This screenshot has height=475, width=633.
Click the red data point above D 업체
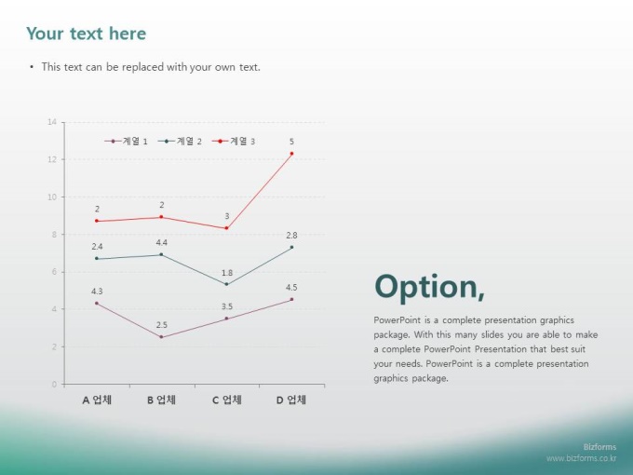pos(291,154)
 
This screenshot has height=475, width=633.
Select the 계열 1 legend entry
pos(126,141)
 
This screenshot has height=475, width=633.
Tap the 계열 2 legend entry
pos(180,141)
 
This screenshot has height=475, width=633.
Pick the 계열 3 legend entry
pos(234,141)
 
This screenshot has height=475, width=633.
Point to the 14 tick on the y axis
pos(52,122)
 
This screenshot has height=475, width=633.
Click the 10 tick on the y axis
pos(52,197)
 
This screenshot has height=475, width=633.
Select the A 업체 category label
pos(97,400)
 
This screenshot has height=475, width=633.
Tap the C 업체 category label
pos(227,400)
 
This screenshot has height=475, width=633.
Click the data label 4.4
pos(161,242)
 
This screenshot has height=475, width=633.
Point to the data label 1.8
pos(227,273)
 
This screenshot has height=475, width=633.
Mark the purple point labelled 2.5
pos(161,337)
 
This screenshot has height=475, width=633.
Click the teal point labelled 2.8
pos(291,247)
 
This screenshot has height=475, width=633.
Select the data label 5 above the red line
pos(291,142)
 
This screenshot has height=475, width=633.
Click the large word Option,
pos(429,287)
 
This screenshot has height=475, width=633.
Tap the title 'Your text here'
pos(86,34)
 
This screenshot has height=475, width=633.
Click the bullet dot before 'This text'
pos(32,67)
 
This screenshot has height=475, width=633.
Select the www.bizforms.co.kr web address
pos(581,458)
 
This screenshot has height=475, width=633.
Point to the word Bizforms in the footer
pos(599,447)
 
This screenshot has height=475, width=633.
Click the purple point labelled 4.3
pos(97,303)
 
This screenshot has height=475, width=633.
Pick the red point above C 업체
pos(226,228)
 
